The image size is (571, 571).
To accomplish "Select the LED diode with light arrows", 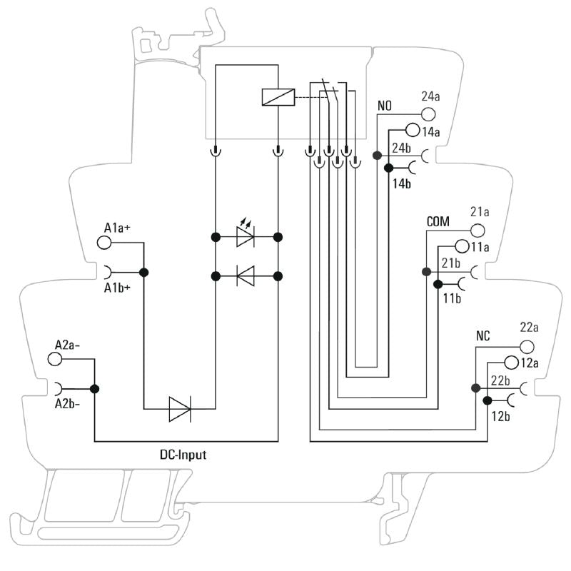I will point(246,236).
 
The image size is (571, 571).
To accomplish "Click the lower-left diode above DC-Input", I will point(179,409).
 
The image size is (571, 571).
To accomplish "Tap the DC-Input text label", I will point(183,454).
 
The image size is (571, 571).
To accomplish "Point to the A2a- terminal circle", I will point(56,359).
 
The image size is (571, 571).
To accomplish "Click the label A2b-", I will point(69,405).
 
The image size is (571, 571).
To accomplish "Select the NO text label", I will point(385,106).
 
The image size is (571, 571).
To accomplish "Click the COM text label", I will point(438,222).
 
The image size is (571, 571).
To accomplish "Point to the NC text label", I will point(482,336).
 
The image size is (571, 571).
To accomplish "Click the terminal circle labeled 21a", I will point(477,231).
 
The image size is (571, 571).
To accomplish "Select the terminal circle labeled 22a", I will point(526,346).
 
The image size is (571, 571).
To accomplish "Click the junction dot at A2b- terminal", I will point(95,389).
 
